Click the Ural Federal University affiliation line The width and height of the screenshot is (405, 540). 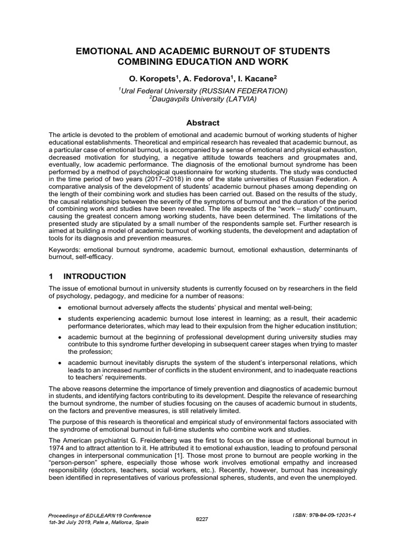[203, 91]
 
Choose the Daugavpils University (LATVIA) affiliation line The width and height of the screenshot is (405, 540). [203, 99]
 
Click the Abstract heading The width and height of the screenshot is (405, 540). [202, 122]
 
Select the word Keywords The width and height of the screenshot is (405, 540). [65, 249]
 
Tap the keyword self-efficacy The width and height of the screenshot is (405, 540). [97, 257]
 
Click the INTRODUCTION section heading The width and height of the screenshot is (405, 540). [94, 276]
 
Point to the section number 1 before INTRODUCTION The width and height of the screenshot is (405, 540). [52, 276]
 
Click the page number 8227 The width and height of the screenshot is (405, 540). [202, 519]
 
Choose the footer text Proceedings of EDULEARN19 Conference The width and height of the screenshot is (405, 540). [100, 515]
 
